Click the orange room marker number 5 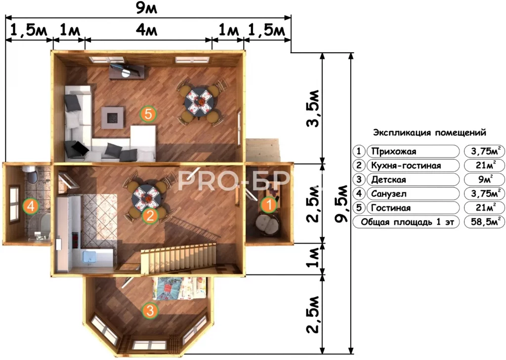148,114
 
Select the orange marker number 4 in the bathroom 31,206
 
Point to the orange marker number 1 268,204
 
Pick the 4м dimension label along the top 146,30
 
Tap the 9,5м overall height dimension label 341,204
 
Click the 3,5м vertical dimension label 312,108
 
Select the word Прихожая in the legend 394,151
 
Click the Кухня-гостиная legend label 406,165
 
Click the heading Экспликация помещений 429,132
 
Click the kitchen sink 91,257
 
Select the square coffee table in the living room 112,118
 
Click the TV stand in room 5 127,72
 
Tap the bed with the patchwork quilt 178,288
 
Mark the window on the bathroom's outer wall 14,204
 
